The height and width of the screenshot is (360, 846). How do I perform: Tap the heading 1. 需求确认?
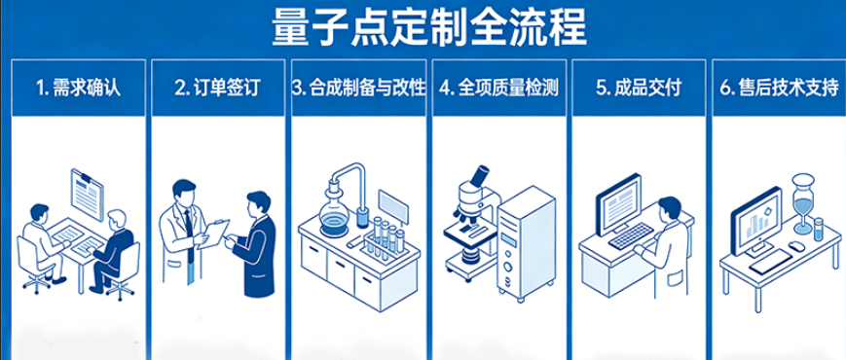[x=79, y=89]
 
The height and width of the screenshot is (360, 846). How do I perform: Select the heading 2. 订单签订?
[x=218, y=89]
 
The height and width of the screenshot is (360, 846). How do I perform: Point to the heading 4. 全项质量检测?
[x=498, y=89]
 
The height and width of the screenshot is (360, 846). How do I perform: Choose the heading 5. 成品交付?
[x=639, y=89]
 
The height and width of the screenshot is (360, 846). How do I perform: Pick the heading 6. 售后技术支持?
[x=779, y=89]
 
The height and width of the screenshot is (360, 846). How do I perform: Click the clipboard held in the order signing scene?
[x=212, y=234]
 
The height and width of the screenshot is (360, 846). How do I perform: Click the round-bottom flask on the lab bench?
[x=333, y=216]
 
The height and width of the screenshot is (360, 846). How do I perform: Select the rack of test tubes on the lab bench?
[x=386, y=238]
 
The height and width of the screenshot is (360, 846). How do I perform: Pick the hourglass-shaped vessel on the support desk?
[x=803, y=203]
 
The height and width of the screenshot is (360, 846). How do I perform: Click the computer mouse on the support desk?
[x=793, y=246]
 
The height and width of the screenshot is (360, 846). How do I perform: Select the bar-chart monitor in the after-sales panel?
[x=755, y=221]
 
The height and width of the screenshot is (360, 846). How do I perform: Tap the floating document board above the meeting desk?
[x=87, y=194]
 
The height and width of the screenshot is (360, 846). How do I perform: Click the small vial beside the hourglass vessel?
[x=819, y=229]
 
